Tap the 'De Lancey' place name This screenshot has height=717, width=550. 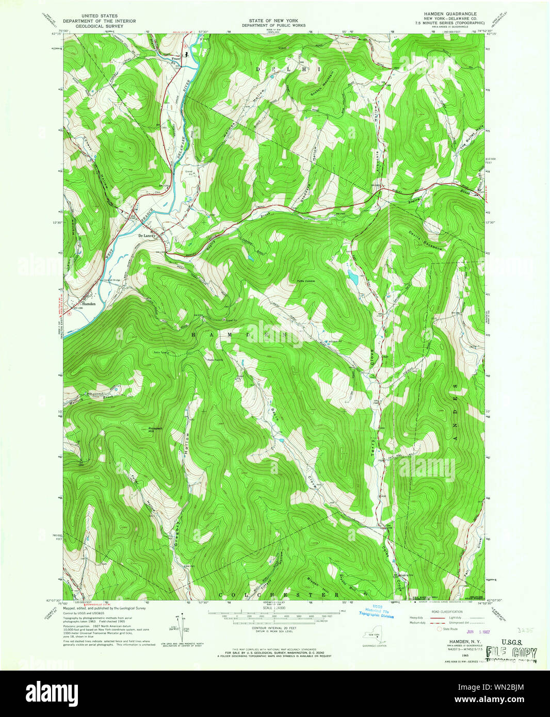[x=147, y=235]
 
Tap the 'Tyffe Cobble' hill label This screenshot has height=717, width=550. [x=305, y=281]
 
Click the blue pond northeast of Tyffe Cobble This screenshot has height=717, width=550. [x=353, y=278]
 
